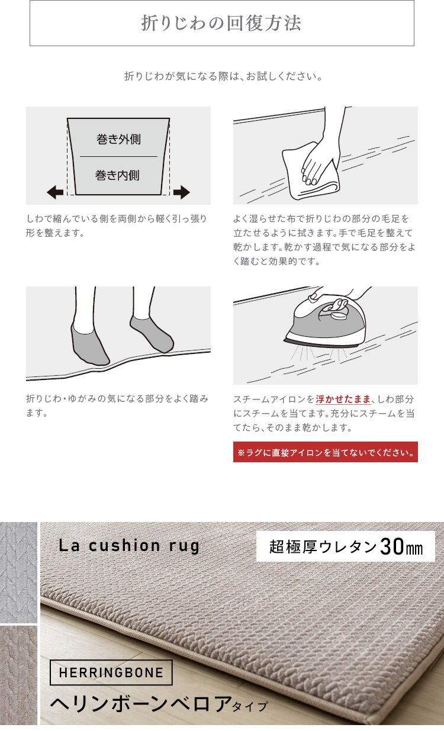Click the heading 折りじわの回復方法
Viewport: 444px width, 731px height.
(x=221, y=23)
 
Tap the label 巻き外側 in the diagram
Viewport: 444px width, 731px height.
(x=118, y=140)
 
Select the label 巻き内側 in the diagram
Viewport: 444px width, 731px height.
(x=118, y=175)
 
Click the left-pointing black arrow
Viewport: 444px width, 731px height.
(x=55, y=192)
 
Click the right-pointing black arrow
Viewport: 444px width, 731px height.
(x=181, y=192)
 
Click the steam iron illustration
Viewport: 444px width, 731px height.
(x=325, y=323)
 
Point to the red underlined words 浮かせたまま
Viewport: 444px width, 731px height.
(x=343, y=400)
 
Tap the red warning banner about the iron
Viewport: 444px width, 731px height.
(x=325, y=452)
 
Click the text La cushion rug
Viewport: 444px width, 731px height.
(x=129, y=545)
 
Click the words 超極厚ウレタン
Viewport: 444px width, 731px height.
(x=323, y=547)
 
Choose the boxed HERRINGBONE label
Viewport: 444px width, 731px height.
(x=111, y=673)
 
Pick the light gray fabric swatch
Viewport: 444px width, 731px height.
(x=18, y=572)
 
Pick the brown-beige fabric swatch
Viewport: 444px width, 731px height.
(x=18, y=675)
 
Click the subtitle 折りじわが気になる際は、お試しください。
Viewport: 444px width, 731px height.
(x=223, y=76)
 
